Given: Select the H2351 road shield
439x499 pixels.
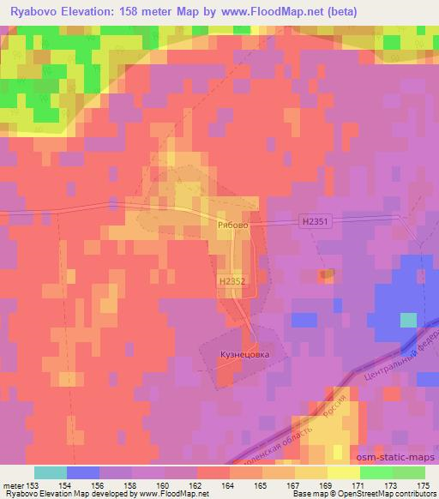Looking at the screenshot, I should [x=316, y=221].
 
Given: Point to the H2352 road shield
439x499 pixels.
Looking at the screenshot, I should [x=232, y=280].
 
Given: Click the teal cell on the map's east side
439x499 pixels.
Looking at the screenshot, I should [x=408, y=320].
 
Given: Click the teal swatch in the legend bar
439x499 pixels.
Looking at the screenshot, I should [x=51, y=472].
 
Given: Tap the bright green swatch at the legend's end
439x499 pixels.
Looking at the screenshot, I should [x=408, y=472].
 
